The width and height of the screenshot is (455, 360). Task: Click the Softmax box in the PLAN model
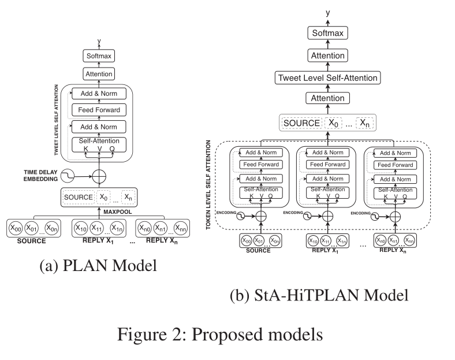[99, 56]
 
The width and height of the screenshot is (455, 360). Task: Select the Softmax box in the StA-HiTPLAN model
[327, 34]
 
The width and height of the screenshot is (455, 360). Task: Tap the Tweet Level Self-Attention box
[327, 77]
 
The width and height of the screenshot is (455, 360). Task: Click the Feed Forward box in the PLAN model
[99, 110]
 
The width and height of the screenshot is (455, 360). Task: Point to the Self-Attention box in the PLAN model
[99, 141]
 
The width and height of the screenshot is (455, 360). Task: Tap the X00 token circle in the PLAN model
[16, 228]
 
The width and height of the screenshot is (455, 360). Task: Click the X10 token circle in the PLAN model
[81, 228]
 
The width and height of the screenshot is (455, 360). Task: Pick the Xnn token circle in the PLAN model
[181, 228]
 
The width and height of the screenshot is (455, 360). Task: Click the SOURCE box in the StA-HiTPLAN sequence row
[300, 123]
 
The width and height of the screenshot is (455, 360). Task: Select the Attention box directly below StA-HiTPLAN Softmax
[327, 55]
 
